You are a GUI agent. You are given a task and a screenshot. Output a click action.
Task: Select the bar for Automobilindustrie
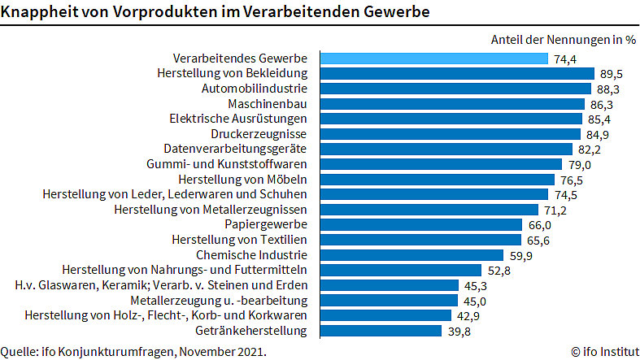[x=455, y=89]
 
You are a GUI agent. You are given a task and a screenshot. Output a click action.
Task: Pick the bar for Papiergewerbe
[x=420, y=224]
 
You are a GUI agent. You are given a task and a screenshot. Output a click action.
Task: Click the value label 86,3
[x=601, y=104]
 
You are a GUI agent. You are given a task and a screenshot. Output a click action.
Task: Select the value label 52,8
[x=499, y=270]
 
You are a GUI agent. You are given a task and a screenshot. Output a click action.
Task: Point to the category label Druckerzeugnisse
[x=259, y=134]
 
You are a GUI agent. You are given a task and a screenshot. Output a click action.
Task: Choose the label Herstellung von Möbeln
[x=242, y=180]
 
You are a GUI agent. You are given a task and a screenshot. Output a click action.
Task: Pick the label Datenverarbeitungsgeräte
[x=235, y=150]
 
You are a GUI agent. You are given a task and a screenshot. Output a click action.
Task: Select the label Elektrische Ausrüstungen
[x=238, y=119]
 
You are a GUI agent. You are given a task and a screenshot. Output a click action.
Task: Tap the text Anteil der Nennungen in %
[x=563, y=39]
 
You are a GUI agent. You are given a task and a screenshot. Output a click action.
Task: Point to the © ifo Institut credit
[x=603, y=352]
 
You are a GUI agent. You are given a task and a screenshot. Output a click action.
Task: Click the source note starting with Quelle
[x=133, y=352]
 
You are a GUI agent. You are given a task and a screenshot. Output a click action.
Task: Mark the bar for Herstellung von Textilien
[x=420, y=240]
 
